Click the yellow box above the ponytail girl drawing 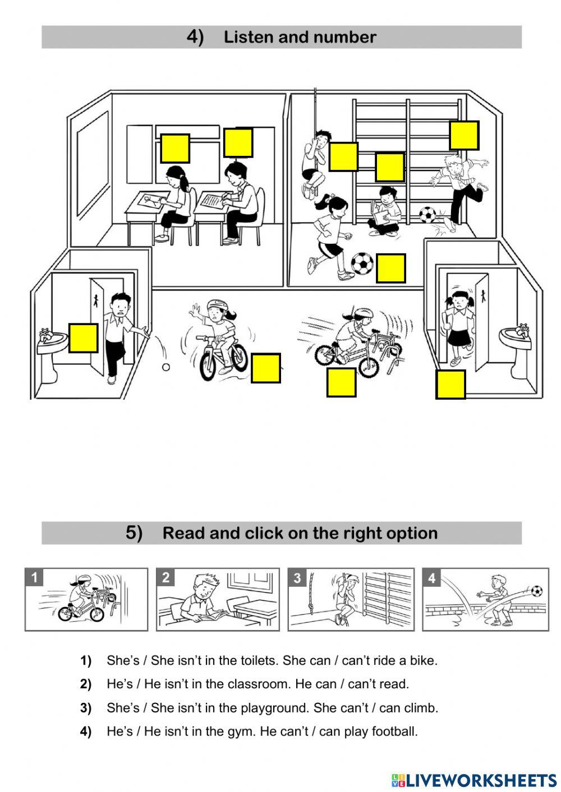175,148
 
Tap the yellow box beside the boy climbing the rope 343,156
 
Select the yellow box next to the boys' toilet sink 83,337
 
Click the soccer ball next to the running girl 362,263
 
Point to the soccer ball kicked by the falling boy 427,215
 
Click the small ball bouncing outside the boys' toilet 166,367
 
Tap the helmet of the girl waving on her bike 216,304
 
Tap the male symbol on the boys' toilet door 95,300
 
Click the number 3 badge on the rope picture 297,578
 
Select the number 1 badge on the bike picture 34,577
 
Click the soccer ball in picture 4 537,591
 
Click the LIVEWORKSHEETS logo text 482,780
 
